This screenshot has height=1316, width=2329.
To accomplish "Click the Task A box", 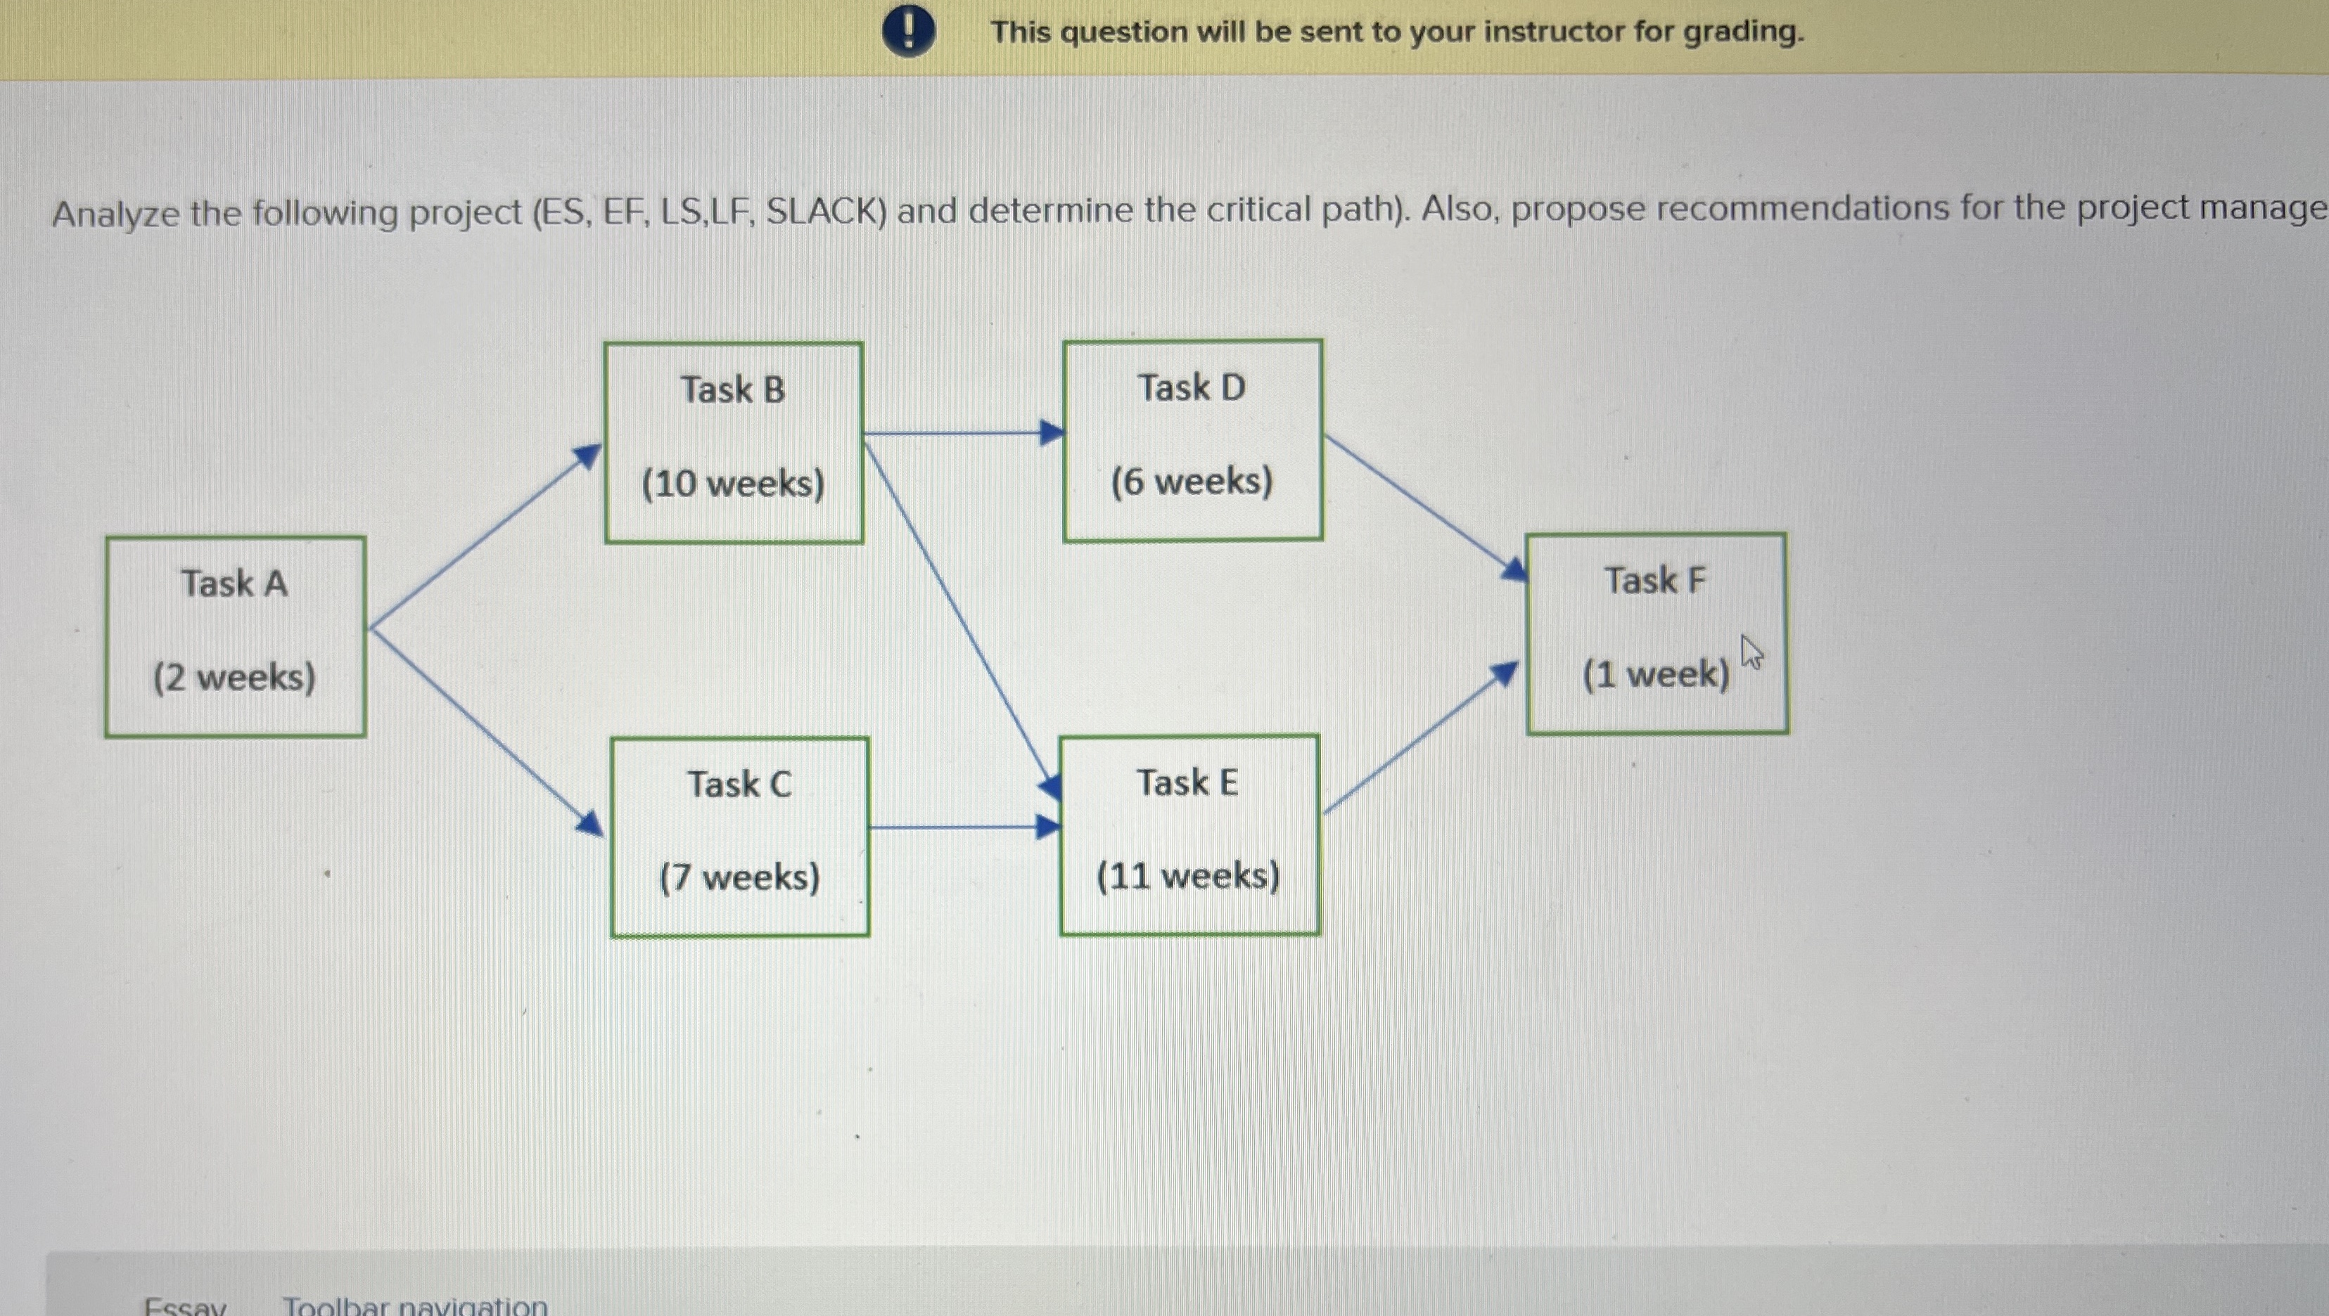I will point(235,636).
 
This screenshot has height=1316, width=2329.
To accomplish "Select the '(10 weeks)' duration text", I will point(733,484).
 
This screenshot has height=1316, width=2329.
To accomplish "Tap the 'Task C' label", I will point(739,784).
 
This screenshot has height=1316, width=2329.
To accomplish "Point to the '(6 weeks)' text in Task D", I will point(1192,481).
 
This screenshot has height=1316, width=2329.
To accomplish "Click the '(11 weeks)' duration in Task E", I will point(1188,875).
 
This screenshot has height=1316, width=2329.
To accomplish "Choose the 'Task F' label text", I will point(1654,580).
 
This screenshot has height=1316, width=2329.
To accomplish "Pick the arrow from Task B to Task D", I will point(963,434).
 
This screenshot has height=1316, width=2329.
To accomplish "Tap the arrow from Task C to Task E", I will point(963,826).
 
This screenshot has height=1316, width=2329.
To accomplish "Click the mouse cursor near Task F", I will point(1751,652).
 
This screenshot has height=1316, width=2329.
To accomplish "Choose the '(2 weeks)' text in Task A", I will point(235,677).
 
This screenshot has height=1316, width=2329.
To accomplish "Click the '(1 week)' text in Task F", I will point(1654,674).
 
